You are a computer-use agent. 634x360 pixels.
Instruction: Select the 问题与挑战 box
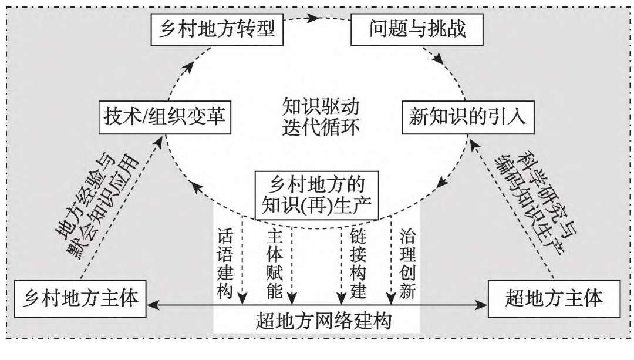417,29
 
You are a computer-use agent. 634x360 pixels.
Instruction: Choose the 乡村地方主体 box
79,299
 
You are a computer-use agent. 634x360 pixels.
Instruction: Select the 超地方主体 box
554,299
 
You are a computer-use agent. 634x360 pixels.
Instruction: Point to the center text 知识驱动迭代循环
319,117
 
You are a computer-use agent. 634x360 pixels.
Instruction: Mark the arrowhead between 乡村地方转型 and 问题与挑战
316,18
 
